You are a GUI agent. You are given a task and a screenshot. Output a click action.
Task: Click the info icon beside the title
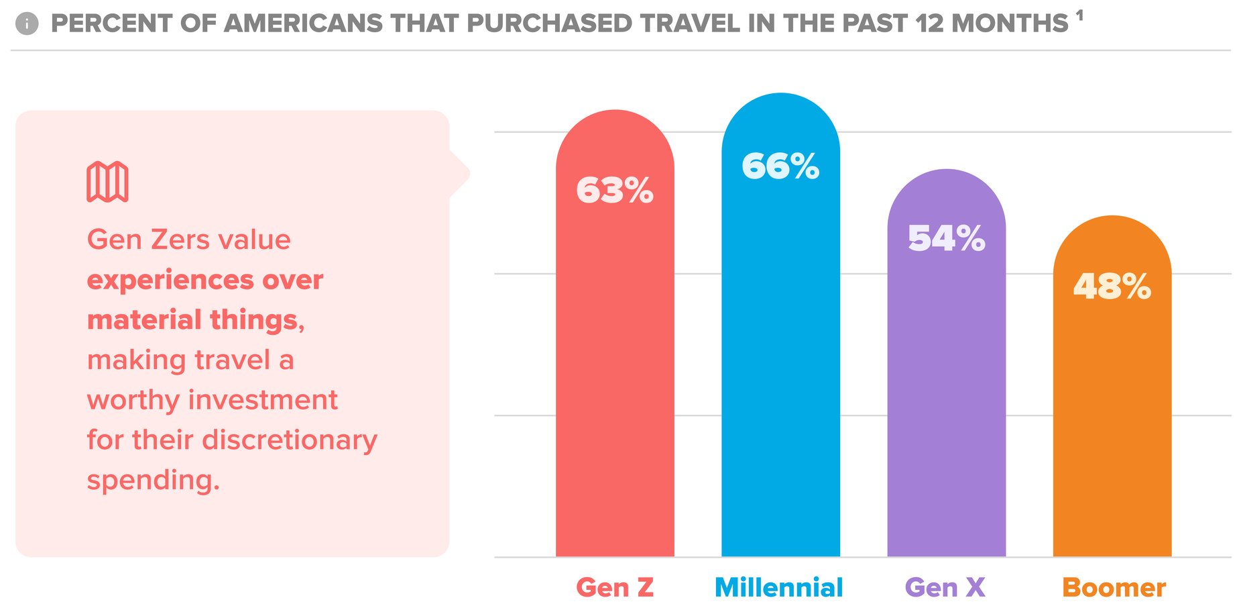27,24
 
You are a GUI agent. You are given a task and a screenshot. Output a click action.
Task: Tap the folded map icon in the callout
107,181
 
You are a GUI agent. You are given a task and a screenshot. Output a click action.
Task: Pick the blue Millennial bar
780,369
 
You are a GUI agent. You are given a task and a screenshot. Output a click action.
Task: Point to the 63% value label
615,190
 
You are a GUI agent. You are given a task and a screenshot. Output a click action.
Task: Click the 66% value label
780,166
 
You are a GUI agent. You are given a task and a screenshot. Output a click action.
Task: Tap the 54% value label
946,238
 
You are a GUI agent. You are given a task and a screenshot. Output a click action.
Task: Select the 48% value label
1112,287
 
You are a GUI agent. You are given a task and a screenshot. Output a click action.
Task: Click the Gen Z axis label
615,588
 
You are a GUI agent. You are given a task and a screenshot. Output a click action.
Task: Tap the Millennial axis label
779,588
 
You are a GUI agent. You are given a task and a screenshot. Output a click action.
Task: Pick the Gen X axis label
945,588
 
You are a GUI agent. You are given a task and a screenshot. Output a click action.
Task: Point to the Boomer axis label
1114,588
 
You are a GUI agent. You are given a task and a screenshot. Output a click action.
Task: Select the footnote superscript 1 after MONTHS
1079,15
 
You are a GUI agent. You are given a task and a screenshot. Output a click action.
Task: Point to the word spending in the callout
153,480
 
